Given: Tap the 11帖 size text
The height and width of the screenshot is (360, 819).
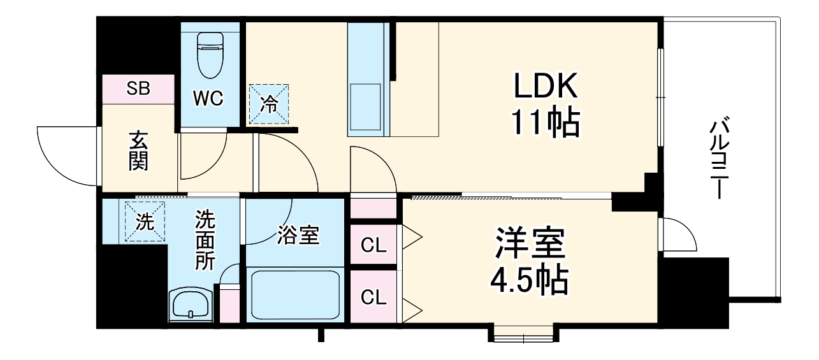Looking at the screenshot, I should point(546,123).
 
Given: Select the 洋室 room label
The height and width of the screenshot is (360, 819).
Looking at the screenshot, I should point(528,243).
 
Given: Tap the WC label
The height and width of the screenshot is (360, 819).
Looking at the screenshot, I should point(208,99).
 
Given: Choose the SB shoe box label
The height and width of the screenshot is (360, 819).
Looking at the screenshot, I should point(138,89).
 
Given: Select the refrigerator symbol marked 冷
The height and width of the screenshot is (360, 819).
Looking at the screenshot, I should point(270,103).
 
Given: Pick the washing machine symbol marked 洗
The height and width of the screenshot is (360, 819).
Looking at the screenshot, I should point(145,222).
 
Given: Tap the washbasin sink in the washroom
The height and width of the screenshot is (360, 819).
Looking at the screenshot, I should point(190,305).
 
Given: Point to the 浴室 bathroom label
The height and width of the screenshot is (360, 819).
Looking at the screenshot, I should point(298,235).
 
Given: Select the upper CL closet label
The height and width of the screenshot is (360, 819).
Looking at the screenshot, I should point(373,245).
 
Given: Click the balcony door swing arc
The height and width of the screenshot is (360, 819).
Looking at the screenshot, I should point(678,235).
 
